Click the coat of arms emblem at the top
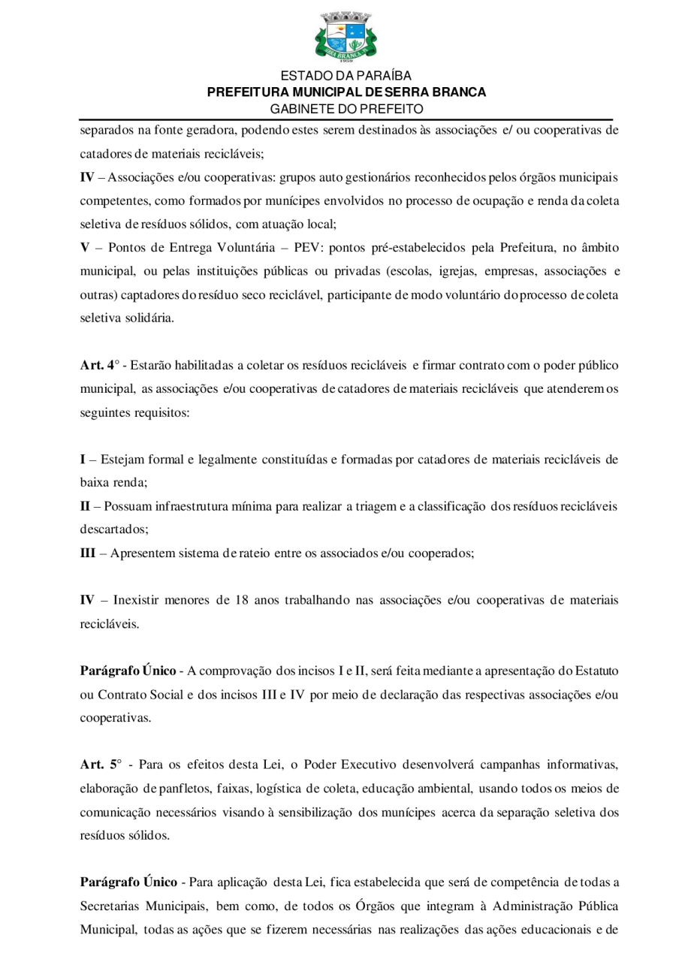click(x=346, y=36)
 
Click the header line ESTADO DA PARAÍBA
click(x=346, y=76)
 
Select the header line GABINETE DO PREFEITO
click(x=346, y=109)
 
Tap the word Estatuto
click(x=595, y=669)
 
